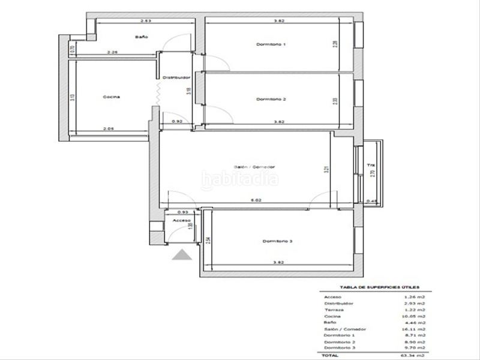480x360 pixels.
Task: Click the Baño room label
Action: pos(141,37)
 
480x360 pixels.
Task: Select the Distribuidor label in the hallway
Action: pos(176,77)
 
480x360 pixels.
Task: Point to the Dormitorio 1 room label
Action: pos(271,44)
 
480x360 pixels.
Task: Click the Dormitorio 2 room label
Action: pos(271,99)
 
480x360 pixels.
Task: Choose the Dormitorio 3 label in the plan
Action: pos(277,241)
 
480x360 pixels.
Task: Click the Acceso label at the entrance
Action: pos(181,220)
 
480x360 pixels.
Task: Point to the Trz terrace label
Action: pos(371,165)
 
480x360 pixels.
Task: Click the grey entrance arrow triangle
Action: pos(181,256)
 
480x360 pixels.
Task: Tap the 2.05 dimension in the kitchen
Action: pos(108,128)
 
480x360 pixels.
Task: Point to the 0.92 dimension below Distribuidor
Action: pos(177,122)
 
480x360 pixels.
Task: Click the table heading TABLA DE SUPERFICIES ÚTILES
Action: pos(380,287)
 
